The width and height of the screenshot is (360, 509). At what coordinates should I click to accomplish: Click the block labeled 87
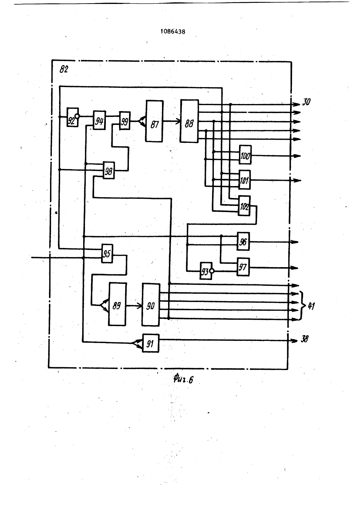[154, 121]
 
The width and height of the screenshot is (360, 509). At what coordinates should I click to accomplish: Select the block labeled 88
[189, 121]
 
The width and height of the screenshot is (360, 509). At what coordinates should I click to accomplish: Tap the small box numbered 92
[72, 117]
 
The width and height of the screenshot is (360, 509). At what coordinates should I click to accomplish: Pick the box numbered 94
[99, 120]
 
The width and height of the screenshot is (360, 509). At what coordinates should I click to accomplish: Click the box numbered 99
[125, 121]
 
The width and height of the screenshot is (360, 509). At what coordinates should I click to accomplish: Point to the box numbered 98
[109, 170]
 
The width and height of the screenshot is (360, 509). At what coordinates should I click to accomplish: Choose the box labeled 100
[245, 155]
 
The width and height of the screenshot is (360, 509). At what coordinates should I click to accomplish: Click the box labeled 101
[244, 180]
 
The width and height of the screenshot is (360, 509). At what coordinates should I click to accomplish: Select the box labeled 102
[244, 206]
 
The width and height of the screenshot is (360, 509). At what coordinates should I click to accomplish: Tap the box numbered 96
[243, 241]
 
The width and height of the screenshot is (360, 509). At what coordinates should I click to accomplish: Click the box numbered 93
[206, 271]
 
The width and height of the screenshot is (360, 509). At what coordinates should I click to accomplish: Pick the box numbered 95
[107, 253]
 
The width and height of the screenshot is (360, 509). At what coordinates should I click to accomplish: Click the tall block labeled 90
[151, 305]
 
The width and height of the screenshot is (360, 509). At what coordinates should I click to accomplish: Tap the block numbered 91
[151, 343]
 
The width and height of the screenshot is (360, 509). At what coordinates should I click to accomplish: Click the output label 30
[306, 102]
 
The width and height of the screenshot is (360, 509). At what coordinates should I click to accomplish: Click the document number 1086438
[173, 32]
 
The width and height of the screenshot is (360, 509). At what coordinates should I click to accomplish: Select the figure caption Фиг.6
[183, 379]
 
